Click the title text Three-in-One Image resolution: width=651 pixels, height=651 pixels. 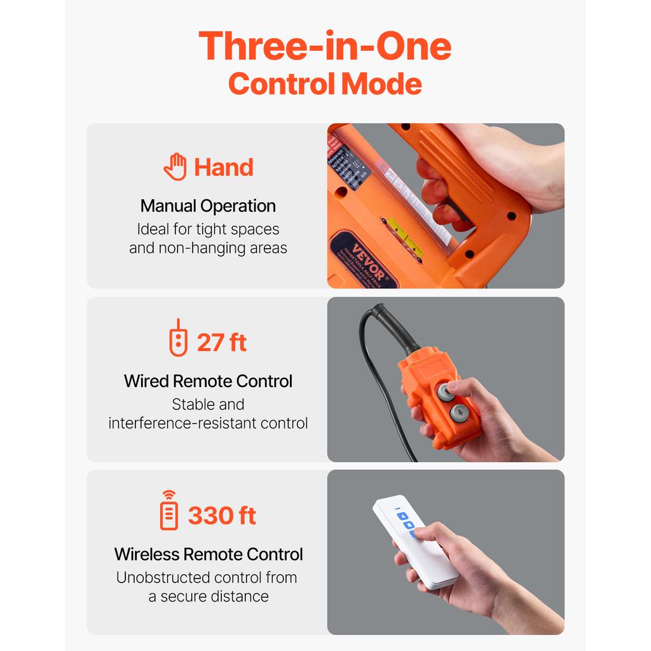pyautogui.click(x=325, y=46)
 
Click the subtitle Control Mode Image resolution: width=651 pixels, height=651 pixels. pyautogui.click(x=325, y=84)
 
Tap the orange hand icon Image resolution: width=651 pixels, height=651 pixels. pyautogui.click(x=175, y=167)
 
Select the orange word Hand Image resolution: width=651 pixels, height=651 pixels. pyautogui.click(x=223, y=167)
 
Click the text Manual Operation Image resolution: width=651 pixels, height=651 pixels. pyautogui.click(x=208, y=206)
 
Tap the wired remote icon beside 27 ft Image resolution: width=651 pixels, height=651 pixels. pyautogui.click(x=179, y=338)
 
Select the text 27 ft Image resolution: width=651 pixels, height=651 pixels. pyautogui.click(x=221, y=343)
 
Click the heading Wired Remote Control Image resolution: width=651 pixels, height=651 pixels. pyautogui.click(x=208, y=381)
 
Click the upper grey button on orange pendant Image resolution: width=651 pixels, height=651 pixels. pyautogui.click(x=446, y=392)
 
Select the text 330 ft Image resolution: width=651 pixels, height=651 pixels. pyautogui.click(x=222, y=516)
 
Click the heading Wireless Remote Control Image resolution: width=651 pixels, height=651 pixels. pyautogui.click(x=209, y=554)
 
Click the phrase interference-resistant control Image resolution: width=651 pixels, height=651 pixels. pyautogui.click(x=208, y=423)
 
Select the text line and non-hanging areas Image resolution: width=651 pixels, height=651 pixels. pyautogui.click(x=208, y=248)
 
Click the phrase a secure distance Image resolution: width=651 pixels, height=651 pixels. pyautogui.click(x=208, y=596)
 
